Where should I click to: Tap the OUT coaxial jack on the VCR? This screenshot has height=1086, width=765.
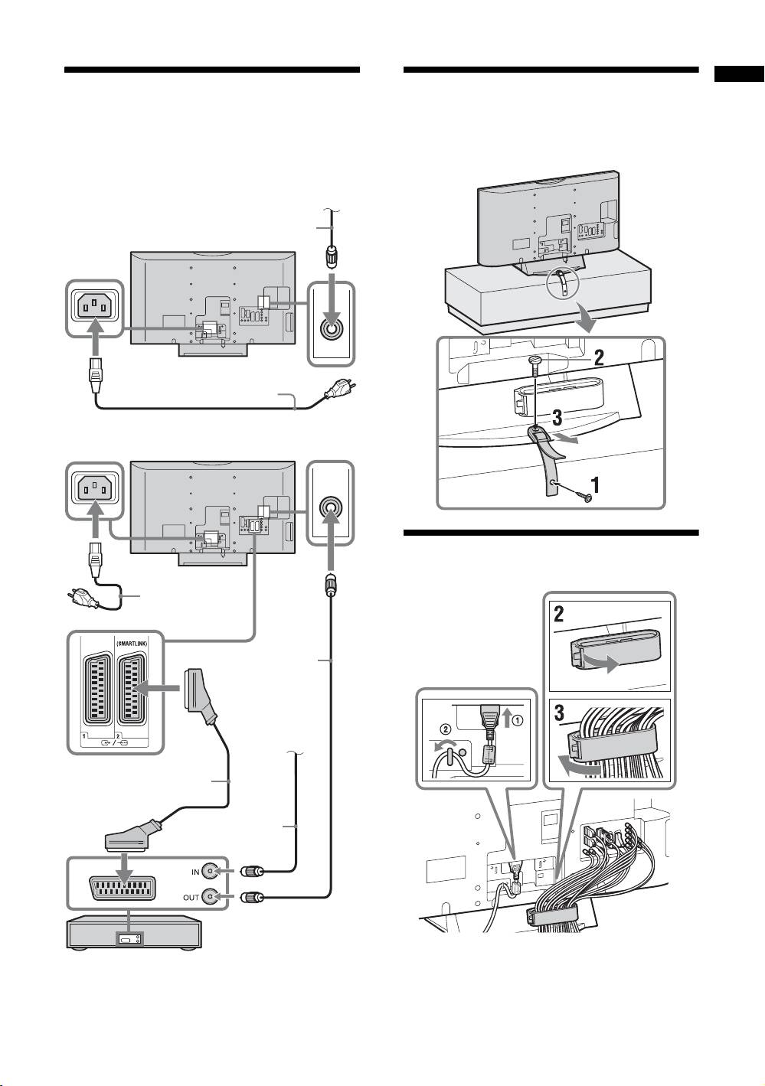211,897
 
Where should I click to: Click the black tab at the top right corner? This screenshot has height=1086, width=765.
740,74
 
